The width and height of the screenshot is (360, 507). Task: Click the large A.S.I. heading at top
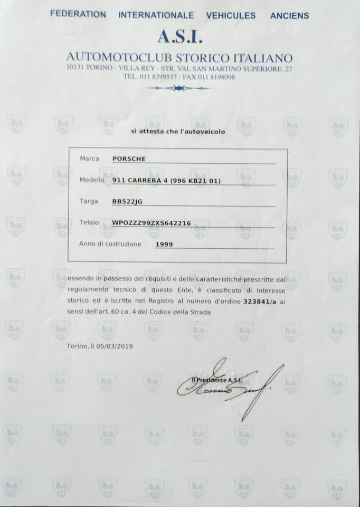(179, 37)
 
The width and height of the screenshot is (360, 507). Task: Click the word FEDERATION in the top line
(78, 15)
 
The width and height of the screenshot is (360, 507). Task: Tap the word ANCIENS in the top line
(289, 16)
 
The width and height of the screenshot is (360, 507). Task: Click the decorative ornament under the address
(179, 88)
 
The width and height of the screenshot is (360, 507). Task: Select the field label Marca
(89, 158)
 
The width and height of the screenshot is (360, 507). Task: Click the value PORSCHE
(129, 158)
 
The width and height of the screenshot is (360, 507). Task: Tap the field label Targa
(89, 201)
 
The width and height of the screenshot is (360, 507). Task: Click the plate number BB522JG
(127, 202)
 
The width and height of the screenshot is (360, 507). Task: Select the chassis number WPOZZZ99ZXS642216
(151, 223)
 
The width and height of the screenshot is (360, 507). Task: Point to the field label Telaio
(89, 222)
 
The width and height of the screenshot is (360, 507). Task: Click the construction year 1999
(164, 245)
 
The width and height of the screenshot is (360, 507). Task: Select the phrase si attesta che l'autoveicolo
(178, 132)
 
